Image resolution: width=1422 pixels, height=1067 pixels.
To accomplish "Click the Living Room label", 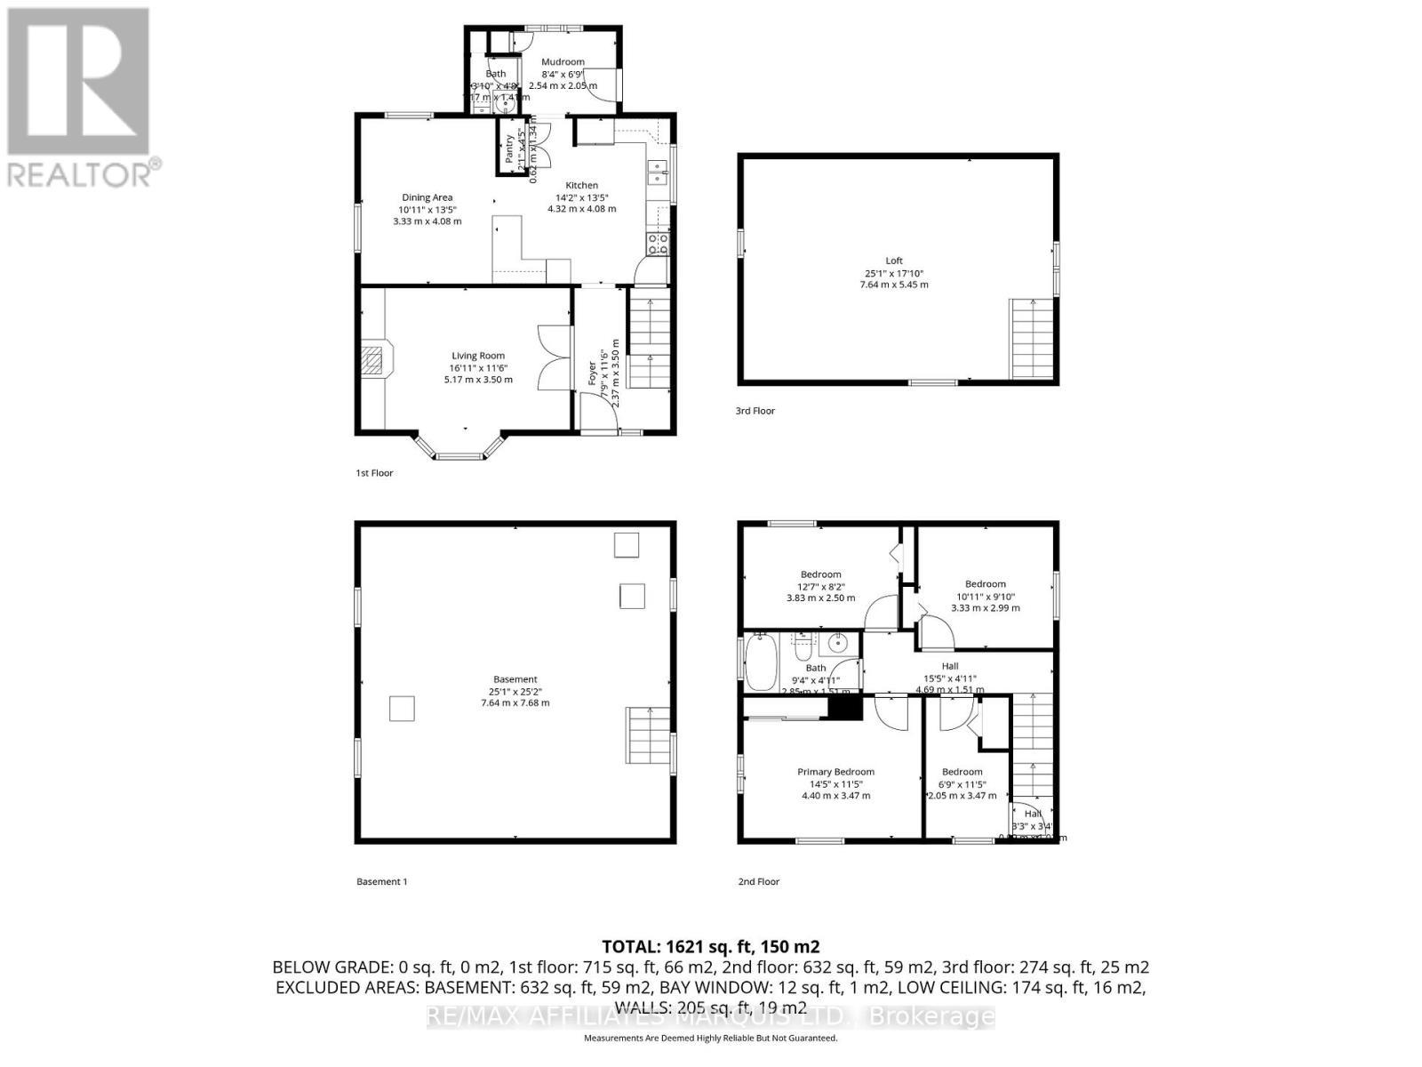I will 478,356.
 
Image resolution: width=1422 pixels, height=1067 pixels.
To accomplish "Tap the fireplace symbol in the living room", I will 375,359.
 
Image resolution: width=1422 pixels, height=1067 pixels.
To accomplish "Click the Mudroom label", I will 563,62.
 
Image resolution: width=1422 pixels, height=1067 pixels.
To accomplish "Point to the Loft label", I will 894,261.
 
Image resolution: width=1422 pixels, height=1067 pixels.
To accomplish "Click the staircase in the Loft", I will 1031,338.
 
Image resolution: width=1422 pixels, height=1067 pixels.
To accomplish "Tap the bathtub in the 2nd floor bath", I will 761,662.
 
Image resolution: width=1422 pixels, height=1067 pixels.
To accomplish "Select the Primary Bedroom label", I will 835,772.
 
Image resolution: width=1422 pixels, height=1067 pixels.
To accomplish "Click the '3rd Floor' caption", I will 755,411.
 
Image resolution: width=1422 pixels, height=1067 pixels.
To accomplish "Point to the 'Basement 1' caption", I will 381,882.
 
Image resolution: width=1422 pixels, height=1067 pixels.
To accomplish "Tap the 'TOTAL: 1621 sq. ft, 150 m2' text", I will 710,946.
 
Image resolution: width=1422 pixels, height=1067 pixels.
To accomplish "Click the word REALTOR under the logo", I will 80,172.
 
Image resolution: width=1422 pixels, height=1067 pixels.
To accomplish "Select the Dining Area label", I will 427,197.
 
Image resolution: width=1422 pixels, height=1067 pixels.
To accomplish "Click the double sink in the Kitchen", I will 659,171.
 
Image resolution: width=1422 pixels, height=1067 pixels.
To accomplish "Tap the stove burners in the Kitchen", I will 659,245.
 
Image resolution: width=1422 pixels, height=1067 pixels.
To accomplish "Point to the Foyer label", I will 593,374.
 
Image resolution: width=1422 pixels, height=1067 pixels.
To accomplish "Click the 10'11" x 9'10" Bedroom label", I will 985,584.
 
